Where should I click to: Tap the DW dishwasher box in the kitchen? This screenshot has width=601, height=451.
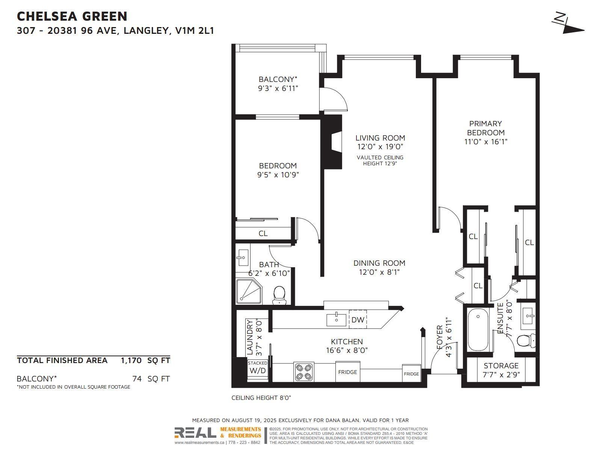click(x=358, y=320)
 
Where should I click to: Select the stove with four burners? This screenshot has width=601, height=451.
click(x=304, y=372)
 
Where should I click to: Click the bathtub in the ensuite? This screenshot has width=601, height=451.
click(x=478, y=330)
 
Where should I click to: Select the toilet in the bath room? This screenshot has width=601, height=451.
click(x=279, y=295)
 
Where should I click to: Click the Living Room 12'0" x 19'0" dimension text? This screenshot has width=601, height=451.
click(x=380, y=147)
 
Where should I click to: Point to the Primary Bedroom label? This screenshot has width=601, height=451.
click(x=485, y=128)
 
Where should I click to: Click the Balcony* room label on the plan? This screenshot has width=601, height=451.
click(x=278, y=79)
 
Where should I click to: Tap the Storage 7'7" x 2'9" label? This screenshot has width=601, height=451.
click(x=501, y=370)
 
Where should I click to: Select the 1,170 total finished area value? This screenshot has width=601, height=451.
click(x=131, y=360)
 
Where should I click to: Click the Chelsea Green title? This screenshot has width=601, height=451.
click(x=72, y=16)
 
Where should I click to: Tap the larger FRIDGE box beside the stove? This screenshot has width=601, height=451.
click(x=347, y=372)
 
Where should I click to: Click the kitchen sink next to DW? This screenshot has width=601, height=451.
click(x=336, y=319)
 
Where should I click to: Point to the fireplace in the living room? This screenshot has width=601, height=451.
click(x=332, y=142)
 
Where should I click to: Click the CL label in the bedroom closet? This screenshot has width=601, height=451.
click(x=263, y=233)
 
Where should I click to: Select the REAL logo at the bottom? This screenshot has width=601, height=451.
click(x=195, y=433)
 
